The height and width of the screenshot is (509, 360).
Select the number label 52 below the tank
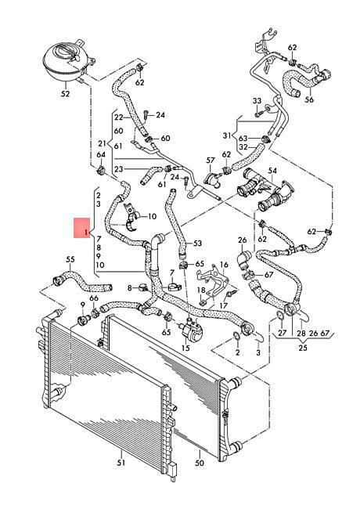point(65,94)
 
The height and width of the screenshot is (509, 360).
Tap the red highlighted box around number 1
point(81,228)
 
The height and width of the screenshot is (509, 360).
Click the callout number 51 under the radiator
point(121,463)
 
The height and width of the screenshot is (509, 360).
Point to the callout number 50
point(200,462)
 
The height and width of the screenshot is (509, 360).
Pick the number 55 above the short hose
point(70,259)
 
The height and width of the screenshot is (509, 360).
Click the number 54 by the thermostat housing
point(272,171)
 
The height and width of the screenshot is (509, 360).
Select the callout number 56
point(309,99)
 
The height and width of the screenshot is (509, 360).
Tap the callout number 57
point(211,161)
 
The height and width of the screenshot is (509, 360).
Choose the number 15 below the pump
point(185,348)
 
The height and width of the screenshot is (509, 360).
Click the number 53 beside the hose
point(197,243)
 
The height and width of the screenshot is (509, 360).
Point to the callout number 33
point(257,101)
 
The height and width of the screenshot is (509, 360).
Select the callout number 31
point(227,135)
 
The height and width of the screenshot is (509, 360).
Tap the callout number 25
point(302,348)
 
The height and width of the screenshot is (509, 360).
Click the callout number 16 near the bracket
point(224,265)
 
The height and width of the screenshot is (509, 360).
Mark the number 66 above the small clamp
point(94,298)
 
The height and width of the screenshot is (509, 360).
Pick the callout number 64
point(101,155)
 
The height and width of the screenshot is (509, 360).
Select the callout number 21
point(103,143)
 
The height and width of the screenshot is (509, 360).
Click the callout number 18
point(201,290)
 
